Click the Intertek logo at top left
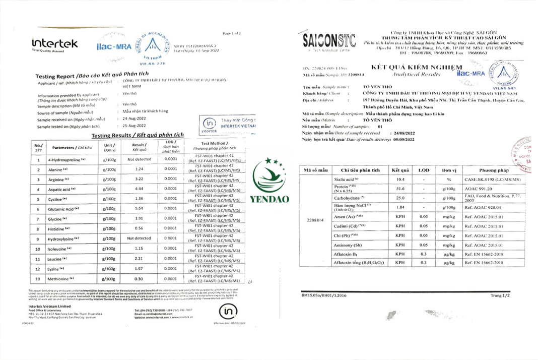[54, 44]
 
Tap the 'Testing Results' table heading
[138, 136]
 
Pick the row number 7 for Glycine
[38, 219]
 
